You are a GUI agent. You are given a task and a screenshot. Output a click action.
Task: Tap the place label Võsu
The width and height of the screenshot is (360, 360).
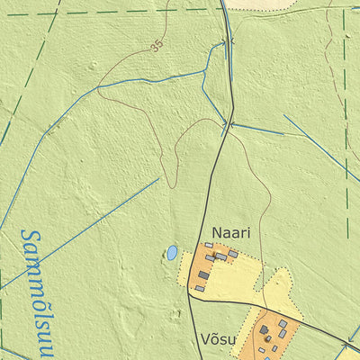(218, 339)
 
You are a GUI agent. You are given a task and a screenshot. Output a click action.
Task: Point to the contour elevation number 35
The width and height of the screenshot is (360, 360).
(158, 46)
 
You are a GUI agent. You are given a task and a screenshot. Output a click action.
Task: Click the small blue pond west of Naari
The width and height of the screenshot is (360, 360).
(170, 253)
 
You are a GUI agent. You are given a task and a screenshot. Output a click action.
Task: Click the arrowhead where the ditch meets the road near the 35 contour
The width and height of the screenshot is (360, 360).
(221, 41)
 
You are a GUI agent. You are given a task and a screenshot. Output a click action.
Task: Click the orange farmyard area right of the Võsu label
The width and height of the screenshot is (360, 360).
(270, 337)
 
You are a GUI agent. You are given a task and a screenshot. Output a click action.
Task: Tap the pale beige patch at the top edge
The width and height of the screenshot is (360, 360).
(261, 4)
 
